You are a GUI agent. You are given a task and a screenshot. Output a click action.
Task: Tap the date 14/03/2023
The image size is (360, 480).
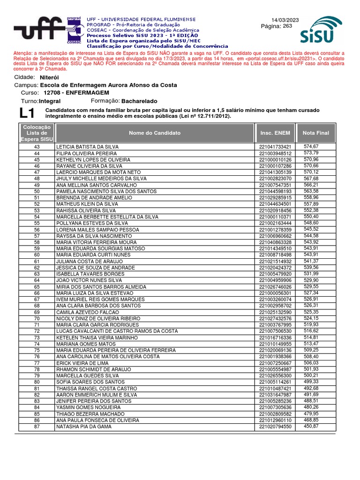285,19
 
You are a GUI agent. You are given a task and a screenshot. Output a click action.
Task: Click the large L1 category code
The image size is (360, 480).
28,113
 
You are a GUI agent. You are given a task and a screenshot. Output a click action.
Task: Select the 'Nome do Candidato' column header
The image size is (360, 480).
155,133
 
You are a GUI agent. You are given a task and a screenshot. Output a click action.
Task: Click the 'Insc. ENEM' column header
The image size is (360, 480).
275,133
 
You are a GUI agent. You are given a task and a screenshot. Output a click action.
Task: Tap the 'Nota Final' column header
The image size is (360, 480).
316,133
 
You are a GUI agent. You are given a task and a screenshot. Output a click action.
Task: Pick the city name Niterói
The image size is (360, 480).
50,77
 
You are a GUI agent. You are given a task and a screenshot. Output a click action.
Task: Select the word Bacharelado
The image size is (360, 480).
139,101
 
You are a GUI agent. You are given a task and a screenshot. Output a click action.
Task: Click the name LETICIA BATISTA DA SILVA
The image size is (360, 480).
87,147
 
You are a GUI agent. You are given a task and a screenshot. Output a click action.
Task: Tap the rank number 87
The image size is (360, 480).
37,427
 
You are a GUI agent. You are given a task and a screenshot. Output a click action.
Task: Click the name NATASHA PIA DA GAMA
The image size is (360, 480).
84,427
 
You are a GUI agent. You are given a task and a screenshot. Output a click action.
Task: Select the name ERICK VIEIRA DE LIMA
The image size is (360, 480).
82,363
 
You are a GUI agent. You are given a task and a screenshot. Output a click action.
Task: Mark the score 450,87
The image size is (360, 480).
311,426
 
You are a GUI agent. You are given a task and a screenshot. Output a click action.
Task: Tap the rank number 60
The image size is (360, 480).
37,255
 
